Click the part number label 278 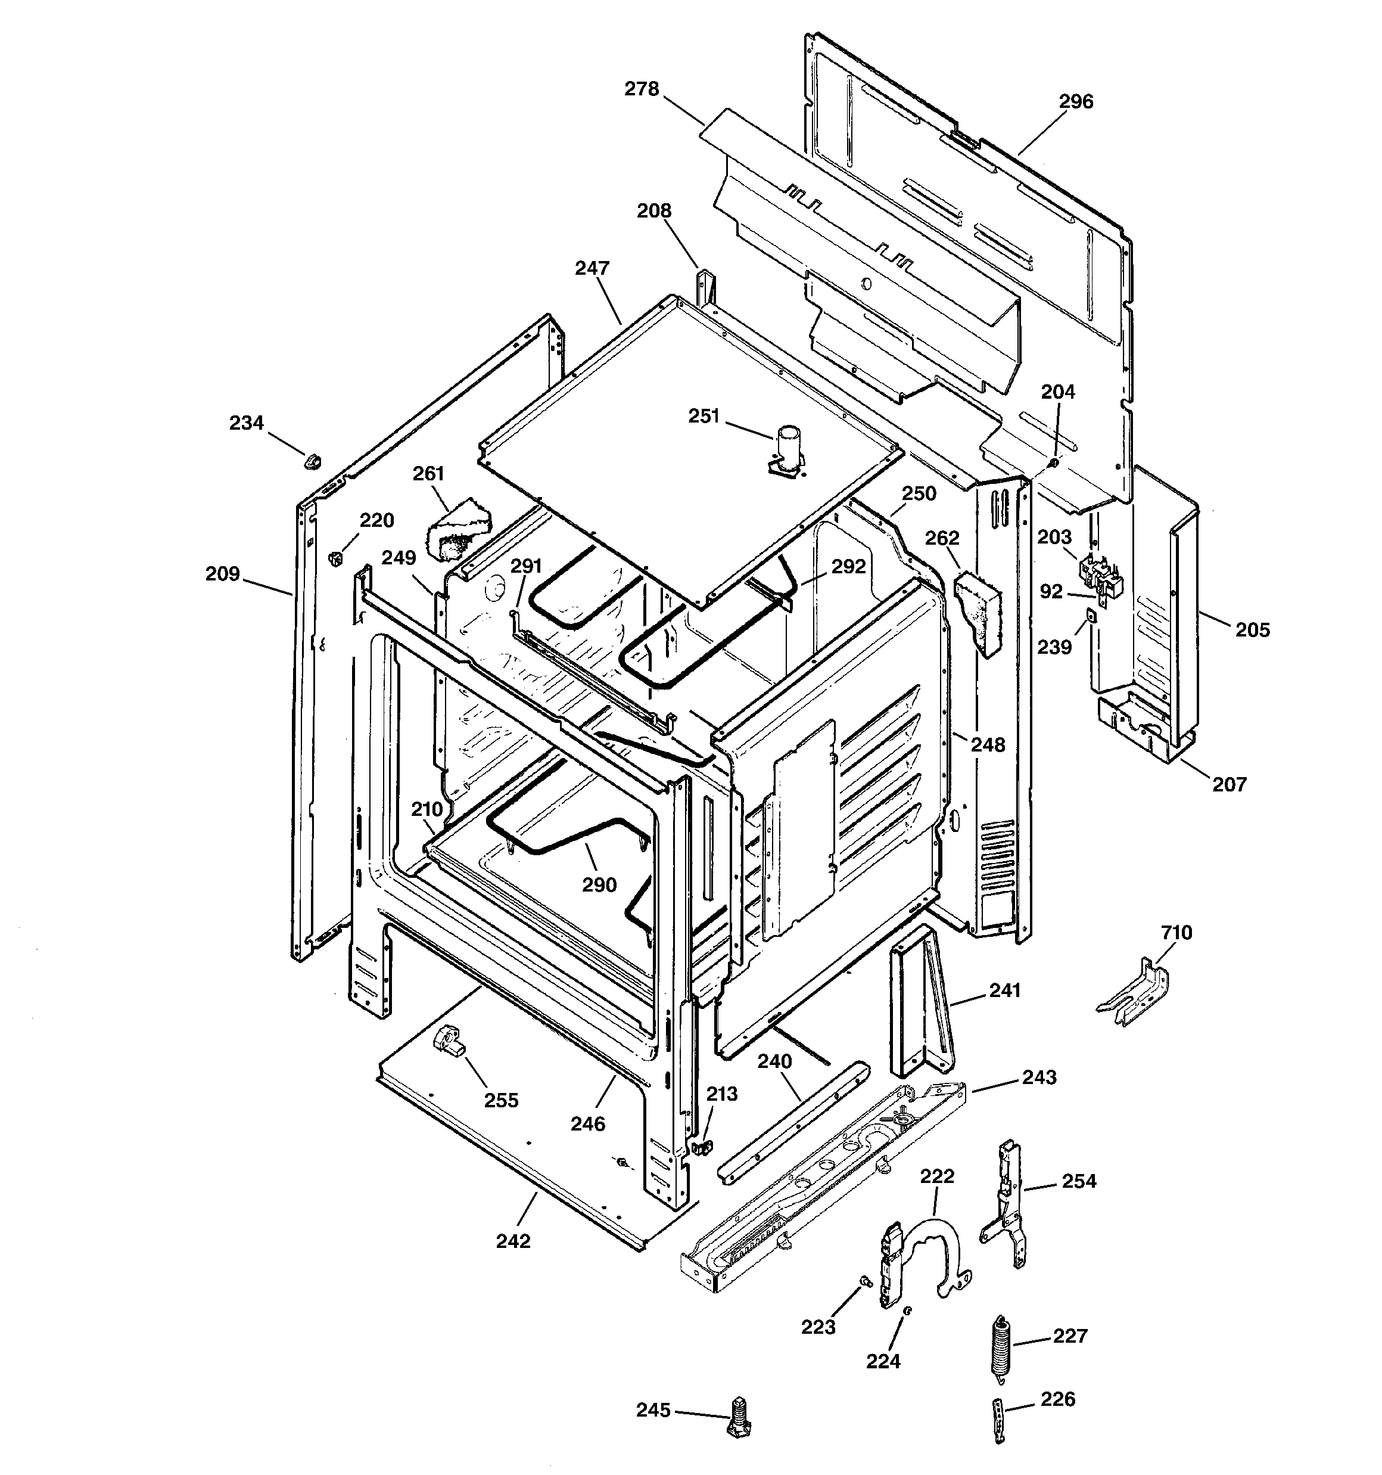[x=641, y=89]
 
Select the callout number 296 [x=1076, y=102]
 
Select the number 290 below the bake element [x=599, y=884]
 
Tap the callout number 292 [x=848, y=567]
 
